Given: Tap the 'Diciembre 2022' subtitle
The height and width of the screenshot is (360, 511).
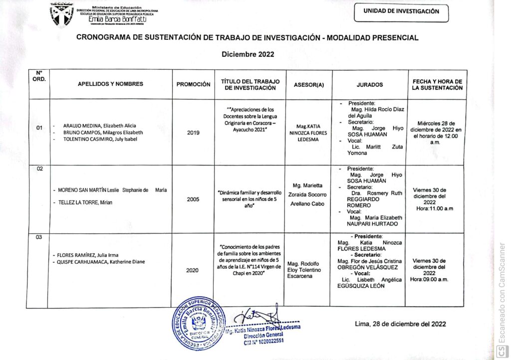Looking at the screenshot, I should click(248, 55).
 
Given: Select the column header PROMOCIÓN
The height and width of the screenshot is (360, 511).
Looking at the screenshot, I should click(193, 84).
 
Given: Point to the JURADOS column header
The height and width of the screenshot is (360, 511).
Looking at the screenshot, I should click(370, 84).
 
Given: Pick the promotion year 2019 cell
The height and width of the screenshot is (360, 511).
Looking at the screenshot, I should click(193, 133).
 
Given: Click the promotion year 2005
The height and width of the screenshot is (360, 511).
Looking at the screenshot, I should click(193, 199).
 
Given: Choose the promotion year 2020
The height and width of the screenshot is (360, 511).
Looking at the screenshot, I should click(193, 270).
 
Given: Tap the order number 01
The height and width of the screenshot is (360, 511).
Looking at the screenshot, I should click(39, 129).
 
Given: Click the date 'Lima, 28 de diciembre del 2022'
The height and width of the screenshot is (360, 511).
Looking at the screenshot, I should click(400, 324).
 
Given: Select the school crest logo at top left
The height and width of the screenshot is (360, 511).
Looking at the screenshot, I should click(63, 14).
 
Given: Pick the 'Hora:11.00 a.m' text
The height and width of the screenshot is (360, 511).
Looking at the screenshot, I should click(434, 208).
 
